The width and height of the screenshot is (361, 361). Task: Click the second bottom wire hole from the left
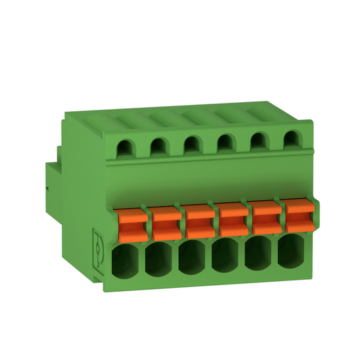click(160, 261)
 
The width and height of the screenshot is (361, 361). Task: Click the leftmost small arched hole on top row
click(125, 146)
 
